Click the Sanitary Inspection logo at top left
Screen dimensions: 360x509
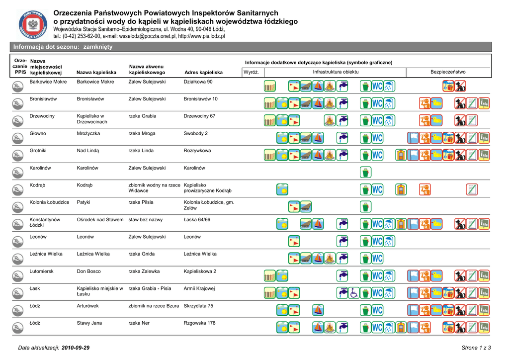pos(33,25)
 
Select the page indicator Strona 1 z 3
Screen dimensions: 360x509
pos(476,347)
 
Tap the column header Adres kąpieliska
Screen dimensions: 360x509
pos(203,73)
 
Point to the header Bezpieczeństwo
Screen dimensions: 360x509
pos(448,72)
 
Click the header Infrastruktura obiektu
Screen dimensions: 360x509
pos(336,72)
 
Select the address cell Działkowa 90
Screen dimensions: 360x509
pos(198,82)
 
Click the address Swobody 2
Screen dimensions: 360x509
pos(196,133)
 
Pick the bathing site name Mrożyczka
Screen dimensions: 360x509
pos(88,133)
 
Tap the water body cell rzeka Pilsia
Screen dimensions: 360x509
pos(141,202)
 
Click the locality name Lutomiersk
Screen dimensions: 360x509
pos(42,271)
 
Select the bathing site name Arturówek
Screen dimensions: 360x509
pos(87,306)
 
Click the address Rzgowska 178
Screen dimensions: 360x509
pos(200,323)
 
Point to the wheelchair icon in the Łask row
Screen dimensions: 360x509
pos(354,293)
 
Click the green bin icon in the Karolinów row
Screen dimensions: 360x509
pos(366,172)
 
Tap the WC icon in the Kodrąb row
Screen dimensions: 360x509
pos(378,189)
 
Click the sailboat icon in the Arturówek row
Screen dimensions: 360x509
pos(318,310)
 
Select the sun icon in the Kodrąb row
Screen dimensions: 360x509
pos(282,189)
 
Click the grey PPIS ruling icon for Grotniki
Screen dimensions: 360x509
pos(16,156)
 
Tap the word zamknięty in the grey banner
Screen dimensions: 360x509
pos(98,47)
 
